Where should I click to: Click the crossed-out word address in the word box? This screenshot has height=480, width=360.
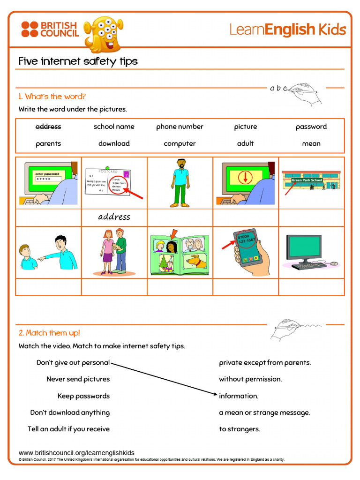pos(48,127)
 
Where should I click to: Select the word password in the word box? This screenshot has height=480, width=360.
pos(311,127)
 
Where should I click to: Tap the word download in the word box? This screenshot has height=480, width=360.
pos(114,143)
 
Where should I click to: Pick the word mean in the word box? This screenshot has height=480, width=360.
pos(311,143)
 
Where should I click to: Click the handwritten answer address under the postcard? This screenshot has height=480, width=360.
pos(114,217)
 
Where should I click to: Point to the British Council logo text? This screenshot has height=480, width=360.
pos(59,29)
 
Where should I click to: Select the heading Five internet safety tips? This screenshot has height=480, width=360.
pos(78,61)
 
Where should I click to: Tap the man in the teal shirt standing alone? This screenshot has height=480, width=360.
pos(180,183)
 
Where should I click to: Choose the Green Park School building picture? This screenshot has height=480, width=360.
pos(311,180)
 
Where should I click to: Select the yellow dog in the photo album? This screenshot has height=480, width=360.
pos(195,261)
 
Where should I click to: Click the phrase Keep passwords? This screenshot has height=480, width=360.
pos(83,396)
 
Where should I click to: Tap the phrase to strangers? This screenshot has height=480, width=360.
pos(239,429)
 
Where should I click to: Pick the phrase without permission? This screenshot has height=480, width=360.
pos(250,379)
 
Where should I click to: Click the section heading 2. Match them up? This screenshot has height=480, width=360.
pos(49,333)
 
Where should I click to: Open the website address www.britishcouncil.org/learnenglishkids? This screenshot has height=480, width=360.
pos(76,453)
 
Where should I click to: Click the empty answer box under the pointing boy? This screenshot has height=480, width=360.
pos(48,287)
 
